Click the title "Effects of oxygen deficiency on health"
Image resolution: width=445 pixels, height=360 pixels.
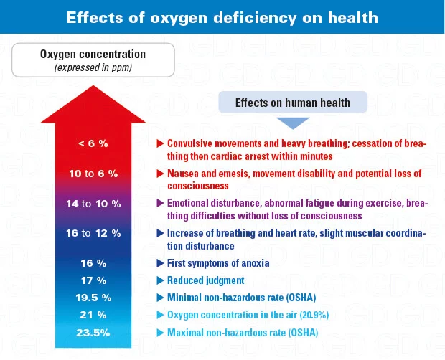pyautogui.click(x=222, y=17)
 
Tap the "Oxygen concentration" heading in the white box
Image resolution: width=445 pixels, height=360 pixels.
pyautogui.click(x=93, y=55)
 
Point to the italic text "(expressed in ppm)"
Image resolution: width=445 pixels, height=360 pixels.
pyautogui.click(x=93, y=67)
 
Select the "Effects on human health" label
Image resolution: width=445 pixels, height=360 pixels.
pyautogui.click(x=292, y=103)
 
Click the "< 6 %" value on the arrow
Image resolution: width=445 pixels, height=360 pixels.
pyautogui.click(x=93, y=143)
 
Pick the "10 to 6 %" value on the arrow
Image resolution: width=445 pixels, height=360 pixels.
pyautogui.click(x=93, y=174)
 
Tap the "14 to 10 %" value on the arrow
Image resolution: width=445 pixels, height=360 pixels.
pyautogui.click(x=93, y=204)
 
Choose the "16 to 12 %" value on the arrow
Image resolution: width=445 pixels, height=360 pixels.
pyautogui.click(x=93, y=233)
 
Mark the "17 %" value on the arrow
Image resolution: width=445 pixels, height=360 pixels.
pyautogui.click(x=93, y=280)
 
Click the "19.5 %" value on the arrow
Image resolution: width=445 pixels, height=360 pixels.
pyautogui.click(x=93, y=298)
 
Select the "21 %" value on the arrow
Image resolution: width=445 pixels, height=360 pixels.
pyautogui.click(x=93, y=315)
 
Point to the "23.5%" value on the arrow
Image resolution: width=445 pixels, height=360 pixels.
pyautogui.click(x=93, y=332)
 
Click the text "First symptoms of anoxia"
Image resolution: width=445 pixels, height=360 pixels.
pyautogui.click(x=217, y=263)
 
